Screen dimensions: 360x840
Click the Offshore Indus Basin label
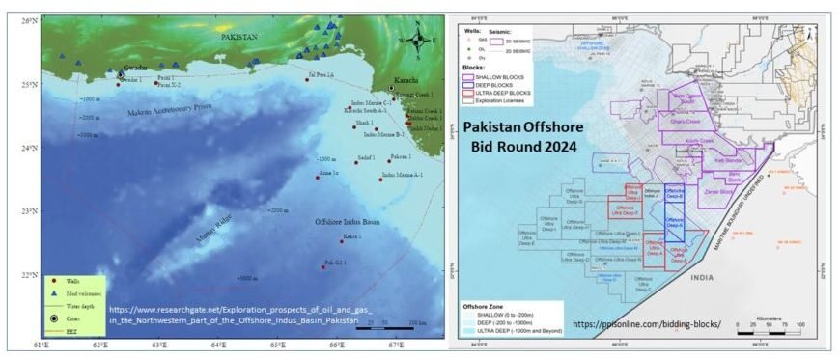[x=350, y=222]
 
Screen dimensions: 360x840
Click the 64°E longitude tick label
[x=218, y=345]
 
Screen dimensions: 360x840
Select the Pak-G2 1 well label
[x=334, y=262]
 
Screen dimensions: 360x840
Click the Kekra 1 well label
[x=351, y=235]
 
